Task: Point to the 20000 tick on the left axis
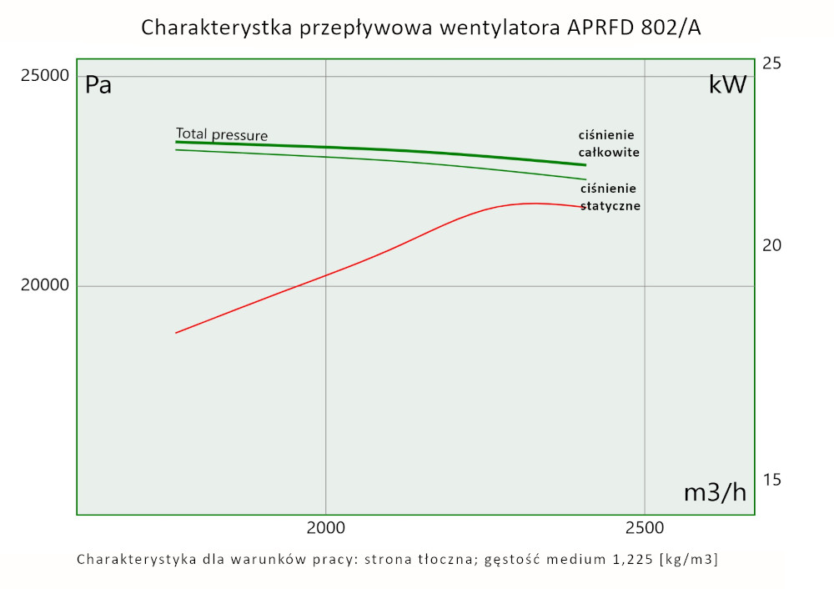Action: coord(46,286)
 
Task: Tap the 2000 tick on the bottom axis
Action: coord(325,528)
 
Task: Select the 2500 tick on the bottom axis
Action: coord(645,528)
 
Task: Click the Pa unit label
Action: coord(98,85)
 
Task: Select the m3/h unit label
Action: coord(715,492)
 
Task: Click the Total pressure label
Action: coord(222,134)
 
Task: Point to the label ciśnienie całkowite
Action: coord(609,143)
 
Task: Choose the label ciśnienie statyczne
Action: coord(610,197)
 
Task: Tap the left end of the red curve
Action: coord(176,333)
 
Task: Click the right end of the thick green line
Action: coord(585,165)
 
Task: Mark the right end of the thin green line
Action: coord(585,179)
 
